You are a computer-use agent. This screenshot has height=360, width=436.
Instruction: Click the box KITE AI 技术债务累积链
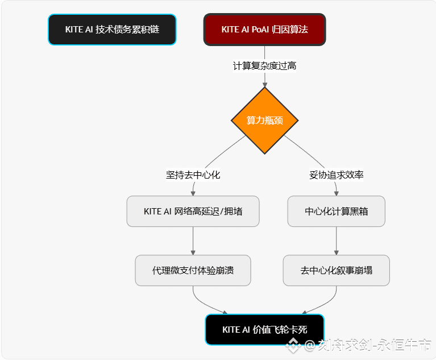coord(112,30)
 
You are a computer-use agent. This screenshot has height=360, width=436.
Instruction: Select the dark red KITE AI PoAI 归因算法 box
coord(264,30)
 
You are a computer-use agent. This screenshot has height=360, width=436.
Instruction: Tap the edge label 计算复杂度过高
coord(264,66)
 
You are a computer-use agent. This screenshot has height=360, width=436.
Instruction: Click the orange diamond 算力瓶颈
coord(264,121)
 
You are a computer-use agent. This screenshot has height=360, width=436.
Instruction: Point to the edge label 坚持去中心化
coord(193,175)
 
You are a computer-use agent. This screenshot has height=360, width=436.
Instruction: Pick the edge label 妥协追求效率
coord(336,175)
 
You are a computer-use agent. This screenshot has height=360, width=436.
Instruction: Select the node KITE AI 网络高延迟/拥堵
coord(193,212)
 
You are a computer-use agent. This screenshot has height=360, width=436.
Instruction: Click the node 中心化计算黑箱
coord(336,212)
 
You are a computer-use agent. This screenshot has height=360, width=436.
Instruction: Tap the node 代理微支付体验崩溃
coord(193,270)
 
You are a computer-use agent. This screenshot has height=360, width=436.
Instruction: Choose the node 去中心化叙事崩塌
coord(336,270)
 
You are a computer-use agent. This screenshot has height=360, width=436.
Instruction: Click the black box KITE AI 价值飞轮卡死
coord(264,329)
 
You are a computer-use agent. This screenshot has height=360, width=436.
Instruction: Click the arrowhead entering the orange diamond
coord(264,85)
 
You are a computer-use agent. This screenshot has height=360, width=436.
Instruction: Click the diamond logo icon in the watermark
coord(293,344)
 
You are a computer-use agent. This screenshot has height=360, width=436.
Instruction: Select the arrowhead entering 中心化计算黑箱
coord(336,193)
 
